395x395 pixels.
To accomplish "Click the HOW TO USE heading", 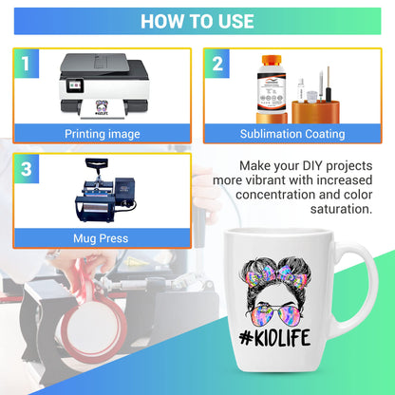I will click(197, 21).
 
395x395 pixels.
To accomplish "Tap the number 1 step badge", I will click(26, 64).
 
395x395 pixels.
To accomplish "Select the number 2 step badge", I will click(217, 64).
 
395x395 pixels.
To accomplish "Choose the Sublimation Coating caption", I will click(292, 134).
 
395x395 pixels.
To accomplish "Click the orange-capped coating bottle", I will click(269, 91).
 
